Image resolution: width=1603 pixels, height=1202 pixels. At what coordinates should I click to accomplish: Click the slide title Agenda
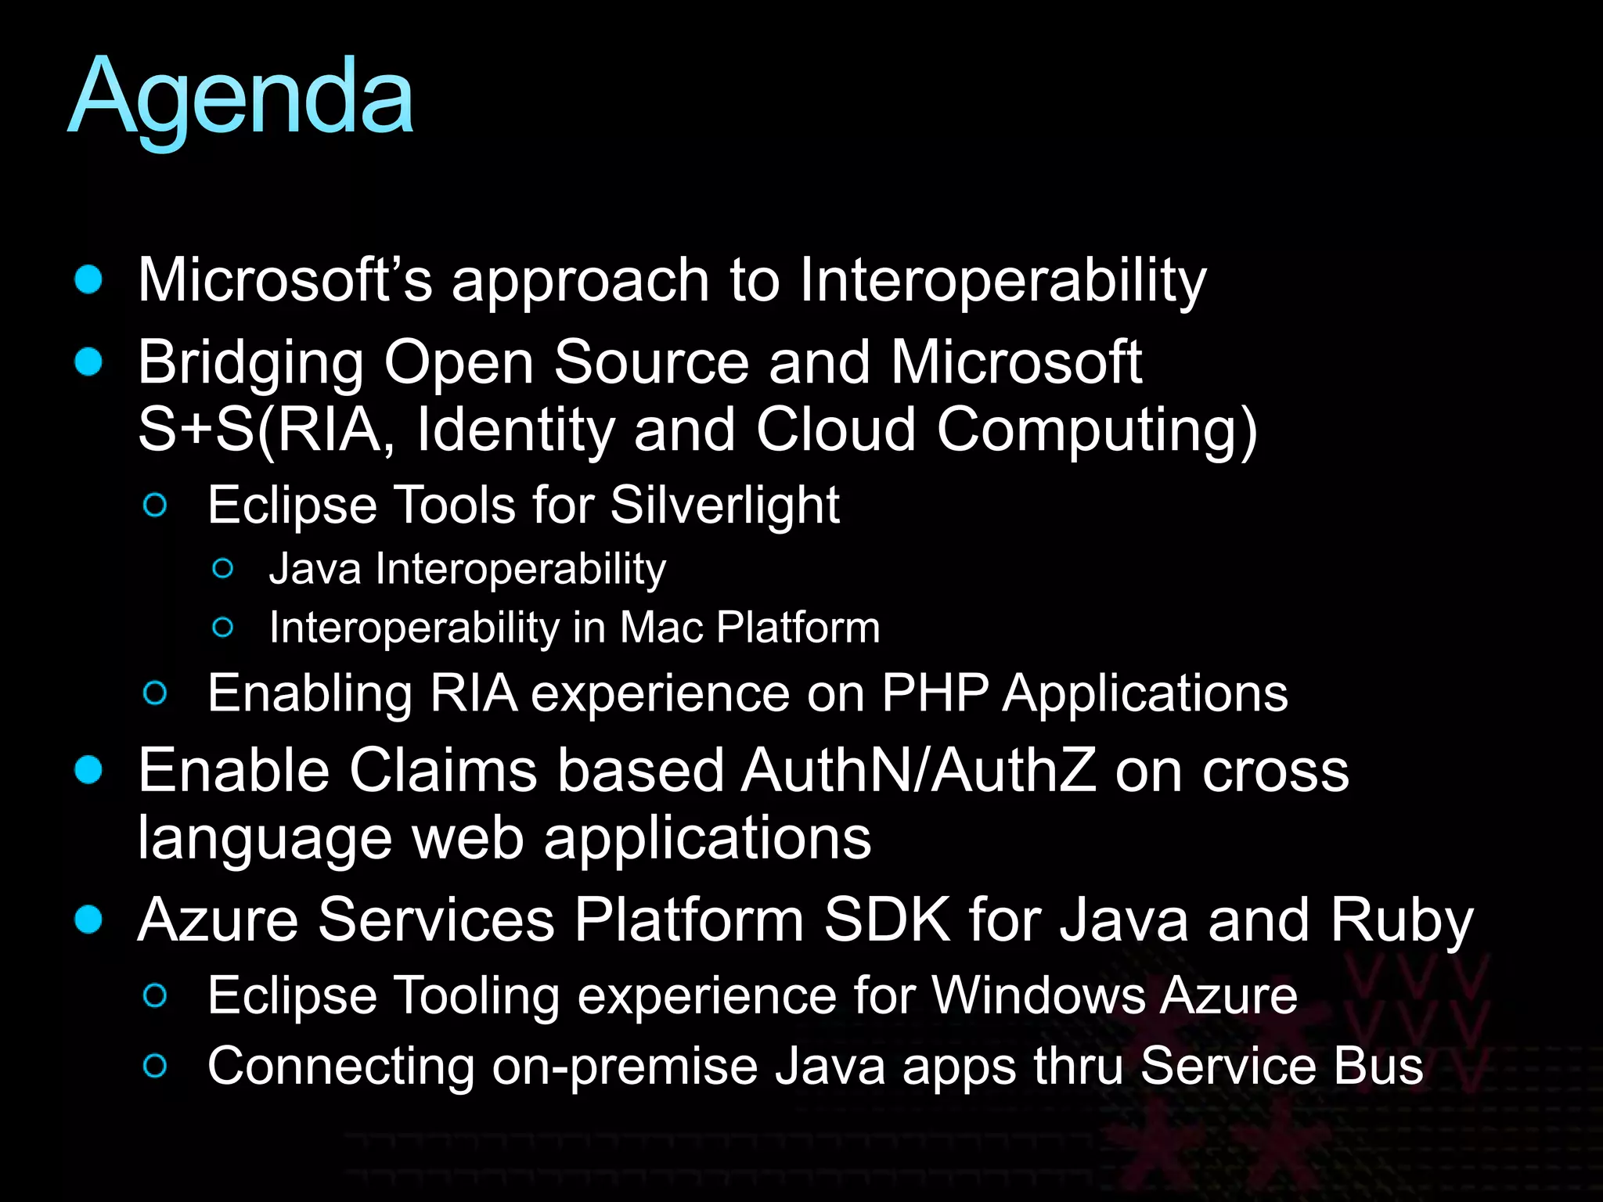pos(241,98)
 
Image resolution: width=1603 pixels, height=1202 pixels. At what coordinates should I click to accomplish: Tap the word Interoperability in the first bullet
pos(1003,281)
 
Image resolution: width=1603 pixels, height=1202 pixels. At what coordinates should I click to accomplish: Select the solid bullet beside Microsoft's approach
pos(88,279)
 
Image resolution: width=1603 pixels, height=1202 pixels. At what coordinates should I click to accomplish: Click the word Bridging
pos(250,364)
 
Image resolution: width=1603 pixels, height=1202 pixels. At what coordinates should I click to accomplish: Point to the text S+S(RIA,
pos(266,430)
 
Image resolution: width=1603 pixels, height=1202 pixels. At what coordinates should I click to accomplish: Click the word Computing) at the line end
pos(1097,431)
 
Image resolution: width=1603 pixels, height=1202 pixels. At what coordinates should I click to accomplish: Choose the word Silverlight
pos(725,506)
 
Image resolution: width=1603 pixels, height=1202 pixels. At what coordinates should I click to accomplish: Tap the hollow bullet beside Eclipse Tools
pos(156,506)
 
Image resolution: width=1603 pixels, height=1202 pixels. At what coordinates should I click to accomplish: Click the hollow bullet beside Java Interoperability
pos(223,569)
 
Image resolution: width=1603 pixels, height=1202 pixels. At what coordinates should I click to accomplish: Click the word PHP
pos(935,693)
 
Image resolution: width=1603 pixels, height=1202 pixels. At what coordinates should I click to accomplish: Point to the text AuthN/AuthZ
pos(919,771)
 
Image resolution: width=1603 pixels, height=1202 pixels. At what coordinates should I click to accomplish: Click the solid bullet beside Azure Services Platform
pos(88,919)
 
